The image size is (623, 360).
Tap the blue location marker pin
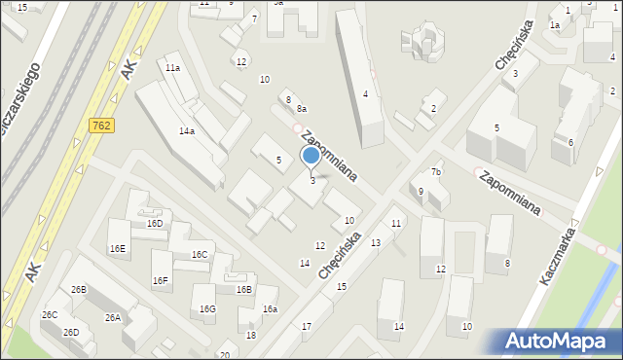(311, 156)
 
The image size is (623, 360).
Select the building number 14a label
(186, 130)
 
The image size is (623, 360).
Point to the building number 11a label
(172, 68)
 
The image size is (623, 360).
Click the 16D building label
(155, 223)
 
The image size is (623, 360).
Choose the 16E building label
(118, 249)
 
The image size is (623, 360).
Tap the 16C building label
(200, 255)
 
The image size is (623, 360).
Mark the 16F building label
(161, 281)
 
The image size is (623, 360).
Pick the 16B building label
(243, 289)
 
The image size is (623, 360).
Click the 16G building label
(207, 309)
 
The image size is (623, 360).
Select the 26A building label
(113, 318)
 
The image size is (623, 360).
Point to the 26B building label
(79, 289)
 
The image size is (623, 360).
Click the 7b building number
(437, 172)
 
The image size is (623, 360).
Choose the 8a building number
(303, 109)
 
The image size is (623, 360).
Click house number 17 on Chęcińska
(307, 326)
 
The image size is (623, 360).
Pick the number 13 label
(376, 242)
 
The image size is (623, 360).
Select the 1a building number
(554, 25)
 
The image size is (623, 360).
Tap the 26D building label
(71, 332)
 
